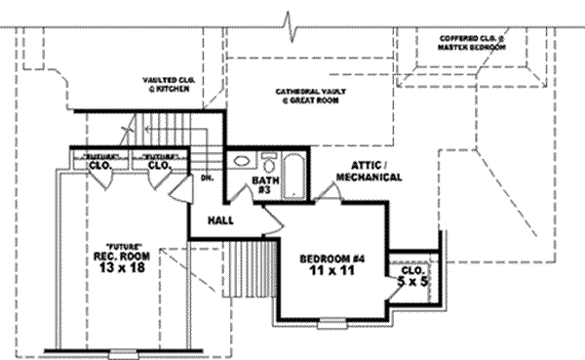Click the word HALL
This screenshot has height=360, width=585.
[x=219, y=220]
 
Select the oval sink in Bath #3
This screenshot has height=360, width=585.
[x=242, y=164]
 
